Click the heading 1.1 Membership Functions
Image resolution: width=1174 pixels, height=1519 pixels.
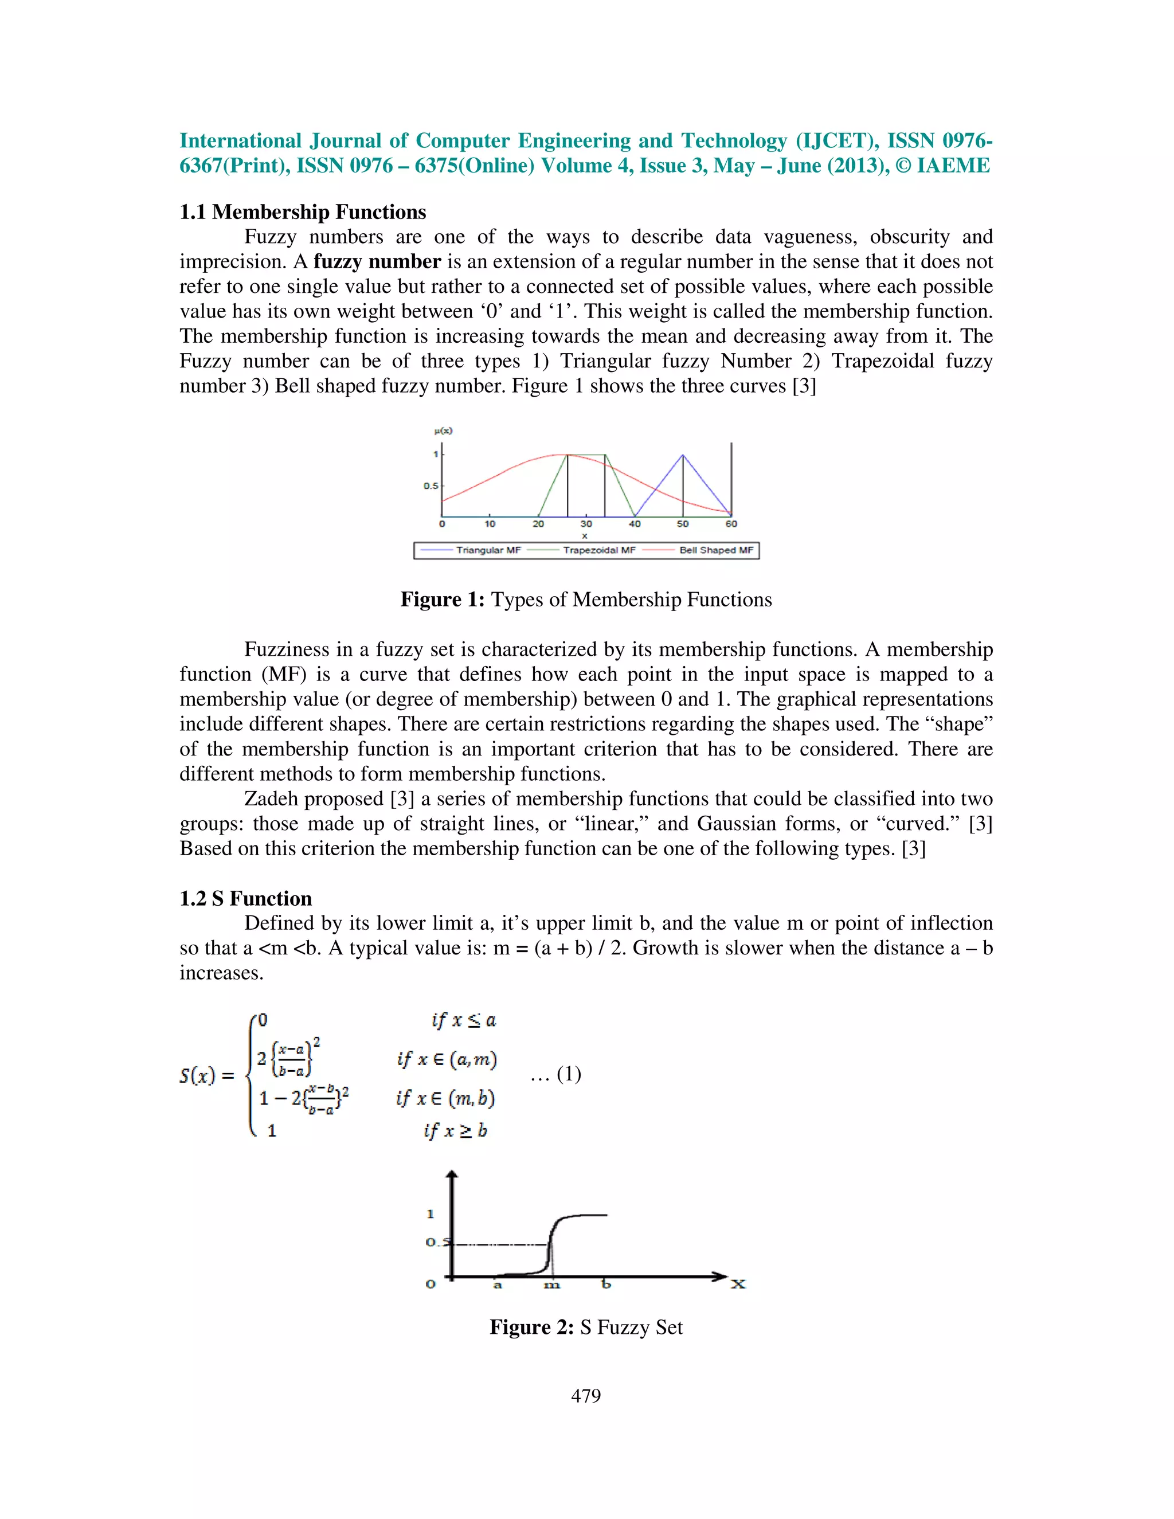tap(303, 212)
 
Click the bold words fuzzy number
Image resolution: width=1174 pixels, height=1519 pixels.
tap(377, 261)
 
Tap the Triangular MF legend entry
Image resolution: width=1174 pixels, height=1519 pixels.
tap(488, 550)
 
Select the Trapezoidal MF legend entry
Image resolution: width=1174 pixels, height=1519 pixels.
tap(599, 550)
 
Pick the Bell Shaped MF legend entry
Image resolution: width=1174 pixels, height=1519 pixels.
tap(715, 550)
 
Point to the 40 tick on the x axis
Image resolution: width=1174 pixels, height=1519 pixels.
tap(635, 524)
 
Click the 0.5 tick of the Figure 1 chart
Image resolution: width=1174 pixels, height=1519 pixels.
tap(431, 486)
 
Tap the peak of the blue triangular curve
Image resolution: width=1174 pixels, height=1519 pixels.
tap(683, 455)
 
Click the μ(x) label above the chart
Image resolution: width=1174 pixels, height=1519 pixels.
tap(443, 430)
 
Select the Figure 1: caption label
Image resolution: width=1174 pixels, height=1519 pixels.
tap(443, 600)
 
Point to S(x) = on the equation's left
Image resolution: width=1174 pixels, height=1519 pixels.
tap(206, 1076)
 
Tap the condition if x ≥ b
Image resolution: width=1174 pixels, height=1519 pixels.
tap(456, 1130)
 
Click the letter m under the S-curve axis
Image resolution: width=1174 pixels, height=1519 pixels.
tap(551, 1285)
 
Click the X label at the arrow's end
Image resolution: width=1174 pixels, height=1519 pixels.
tap(738, 1284)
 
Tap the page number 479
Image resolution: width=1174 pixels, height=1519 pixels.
tap(586, 1395)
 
